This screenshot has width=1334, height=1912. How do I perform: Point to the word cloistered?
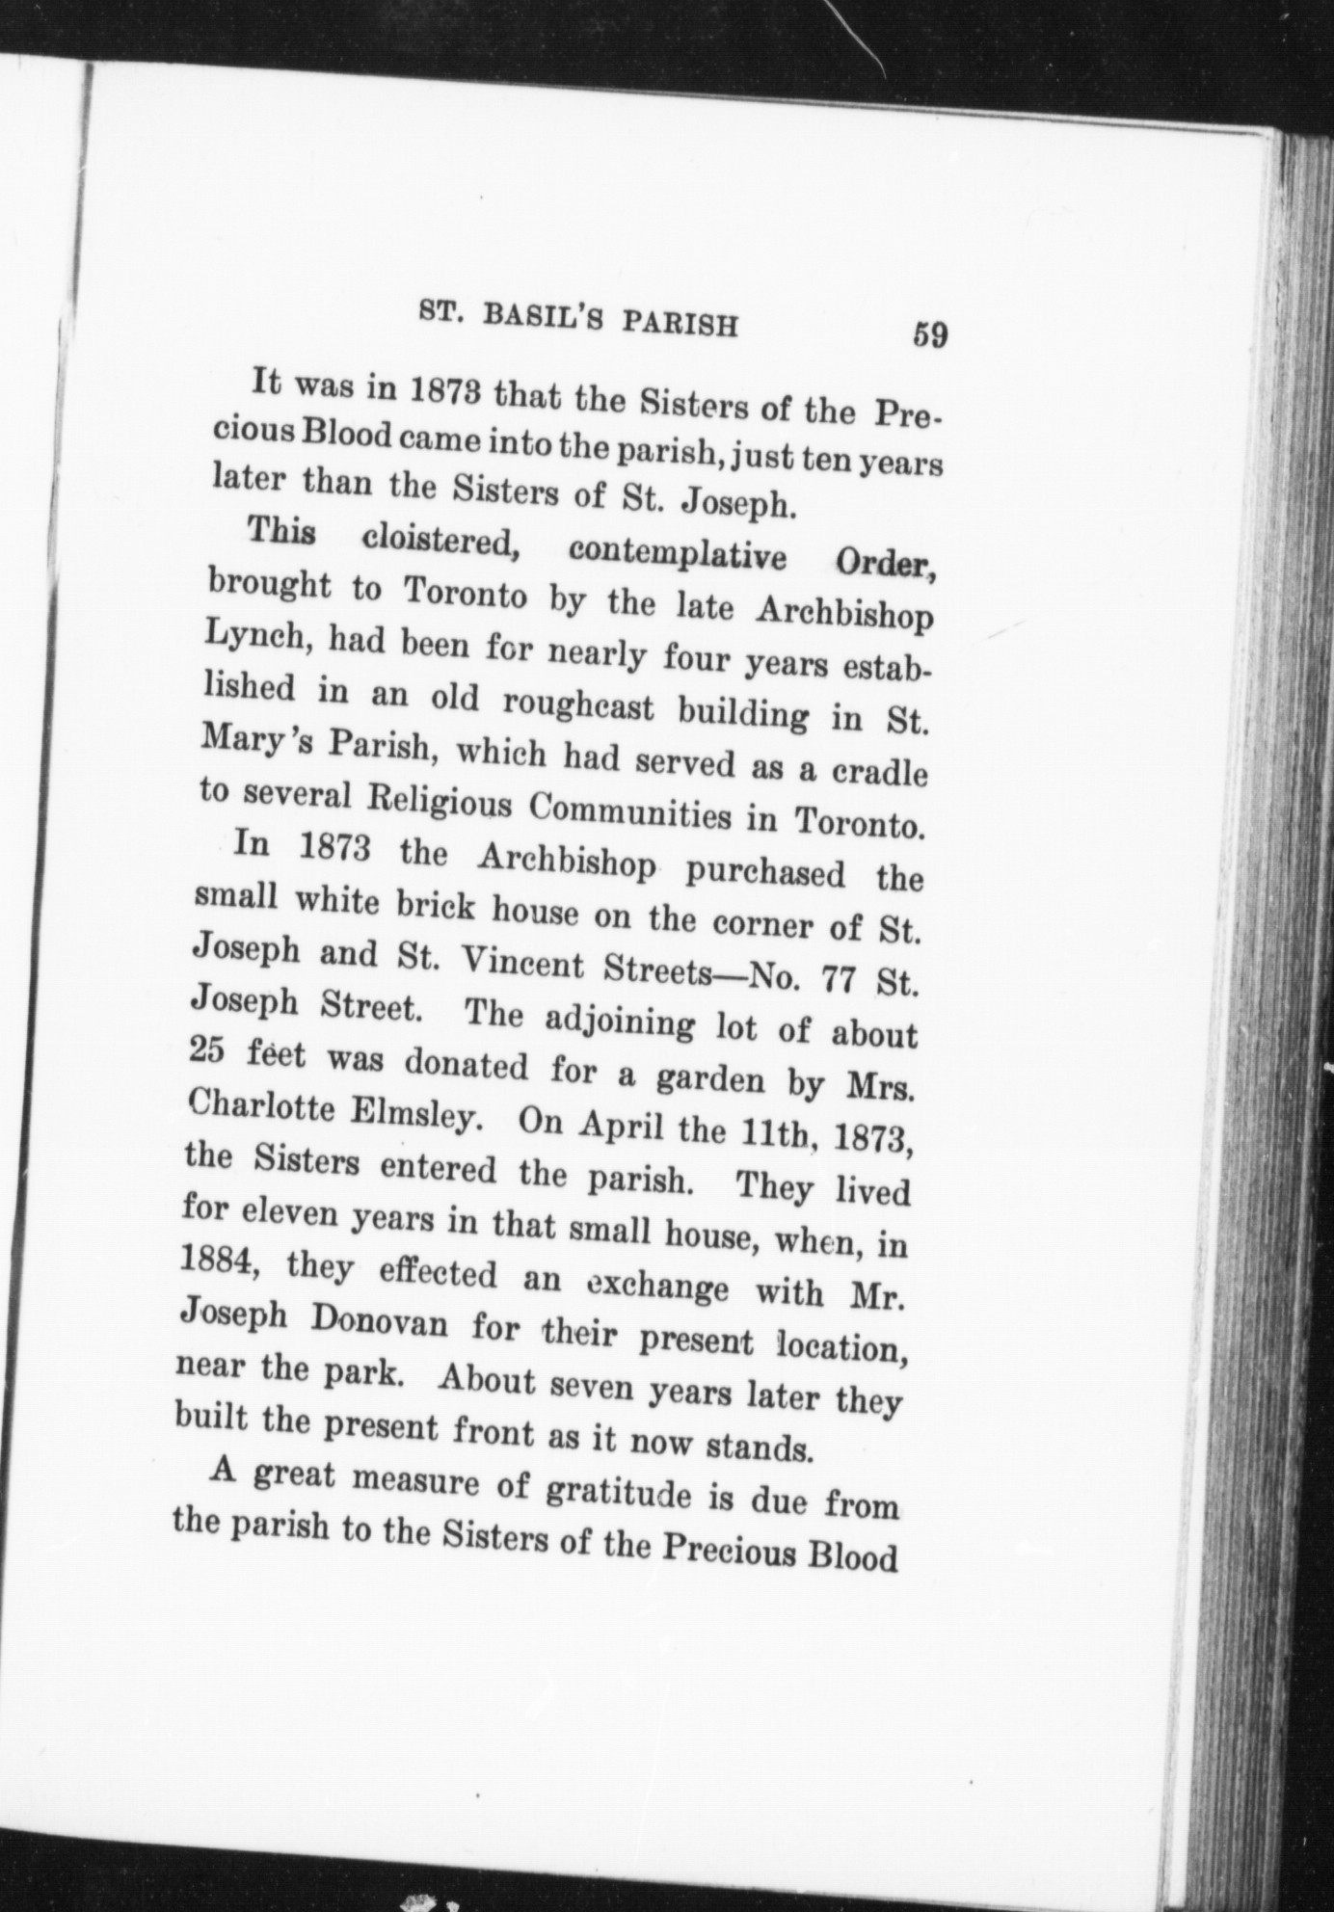442,542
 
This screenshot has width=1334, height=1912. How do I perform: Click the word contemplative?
677,555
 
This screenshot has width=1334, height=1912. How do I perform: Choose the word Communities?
630,811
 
